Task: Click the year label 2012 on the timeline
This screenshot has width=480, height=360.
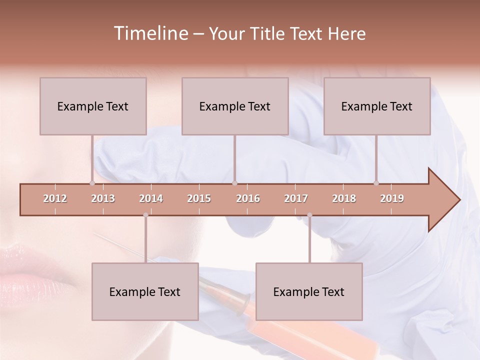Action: (55, 198)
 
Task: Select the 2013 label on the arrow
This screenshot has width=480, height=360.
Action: (103, 198)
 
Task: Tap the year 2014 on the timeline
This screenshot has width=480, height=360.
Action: (151, 198)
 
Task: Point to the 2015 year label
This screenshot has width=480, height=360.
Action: (199, 198)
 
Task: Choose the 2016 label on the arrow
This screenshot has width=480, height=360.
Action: (248, 198)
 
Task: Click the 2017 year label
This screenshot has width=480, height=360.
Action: (296, 198)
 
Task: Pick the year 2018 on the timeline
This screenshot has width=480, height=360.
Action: (344, 198)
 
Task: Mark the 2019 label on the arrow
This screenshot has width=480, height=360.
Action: (392, 198)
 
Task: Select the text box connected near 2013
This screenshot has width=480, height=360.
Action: (93, 106)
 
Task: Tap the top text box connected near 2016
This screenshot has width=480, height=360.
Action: (235, 106)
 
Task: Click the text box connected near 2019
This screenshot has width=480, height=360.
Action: (377, 106)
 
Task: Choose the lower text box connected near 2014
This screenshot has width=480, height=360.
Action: (145, 291)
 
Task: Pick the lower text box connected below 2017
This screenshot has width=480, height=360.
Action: (309, 291)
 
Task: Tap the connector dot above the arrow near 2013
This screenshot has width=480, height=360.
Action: (92, 183)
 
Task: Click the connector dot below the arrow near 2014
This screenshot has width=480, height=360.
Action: (145, 215)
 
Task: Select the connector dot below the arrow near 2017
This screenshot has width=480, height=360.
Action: (309, 215)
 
